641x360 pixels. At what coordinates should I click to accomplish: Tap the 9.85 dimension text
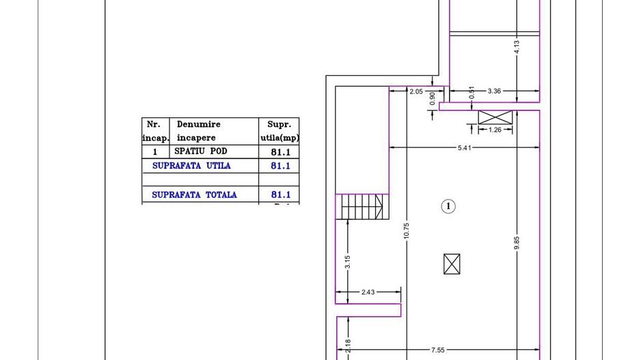point(517,243)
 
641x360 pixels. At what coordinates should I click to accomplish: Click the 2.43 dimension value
point(368,292)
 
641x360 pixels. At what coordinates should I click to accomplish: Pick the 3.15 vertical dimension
point(348,262)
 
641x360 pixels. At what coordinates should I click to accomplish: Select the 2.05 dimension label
point(415,90)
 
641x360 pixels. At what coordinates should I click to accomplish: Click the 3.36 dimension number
point(495,90)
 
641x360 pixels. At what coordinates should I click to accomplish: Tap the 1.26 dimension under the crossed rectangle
point(495,129)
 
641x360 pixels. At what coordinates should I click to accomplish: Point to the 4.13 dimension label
point(517,47)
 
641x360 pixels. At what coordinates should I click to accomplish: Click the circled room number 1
point(448,206)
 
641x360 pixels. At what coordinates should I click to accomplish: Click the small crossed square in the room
point(452,264)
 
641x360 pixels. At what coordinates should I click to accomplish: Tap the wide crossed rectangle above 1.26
point(495,117)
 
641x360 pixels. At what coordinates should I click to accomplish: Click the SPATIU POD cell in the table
point(205,151)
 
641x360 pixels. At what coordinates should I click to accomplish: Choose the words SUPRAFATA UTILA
point(191,165)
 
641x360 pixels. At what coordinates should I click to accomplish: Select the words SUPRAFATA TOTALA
point(194,195)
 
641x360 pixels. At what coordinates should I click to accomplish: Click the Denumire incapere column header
point(198,130)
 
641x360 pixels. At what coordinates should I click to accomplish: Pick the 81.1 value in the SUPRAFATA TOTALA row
point(281,195)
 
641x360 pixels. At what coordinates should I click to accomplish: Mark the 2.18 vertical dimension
point(348,347)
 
